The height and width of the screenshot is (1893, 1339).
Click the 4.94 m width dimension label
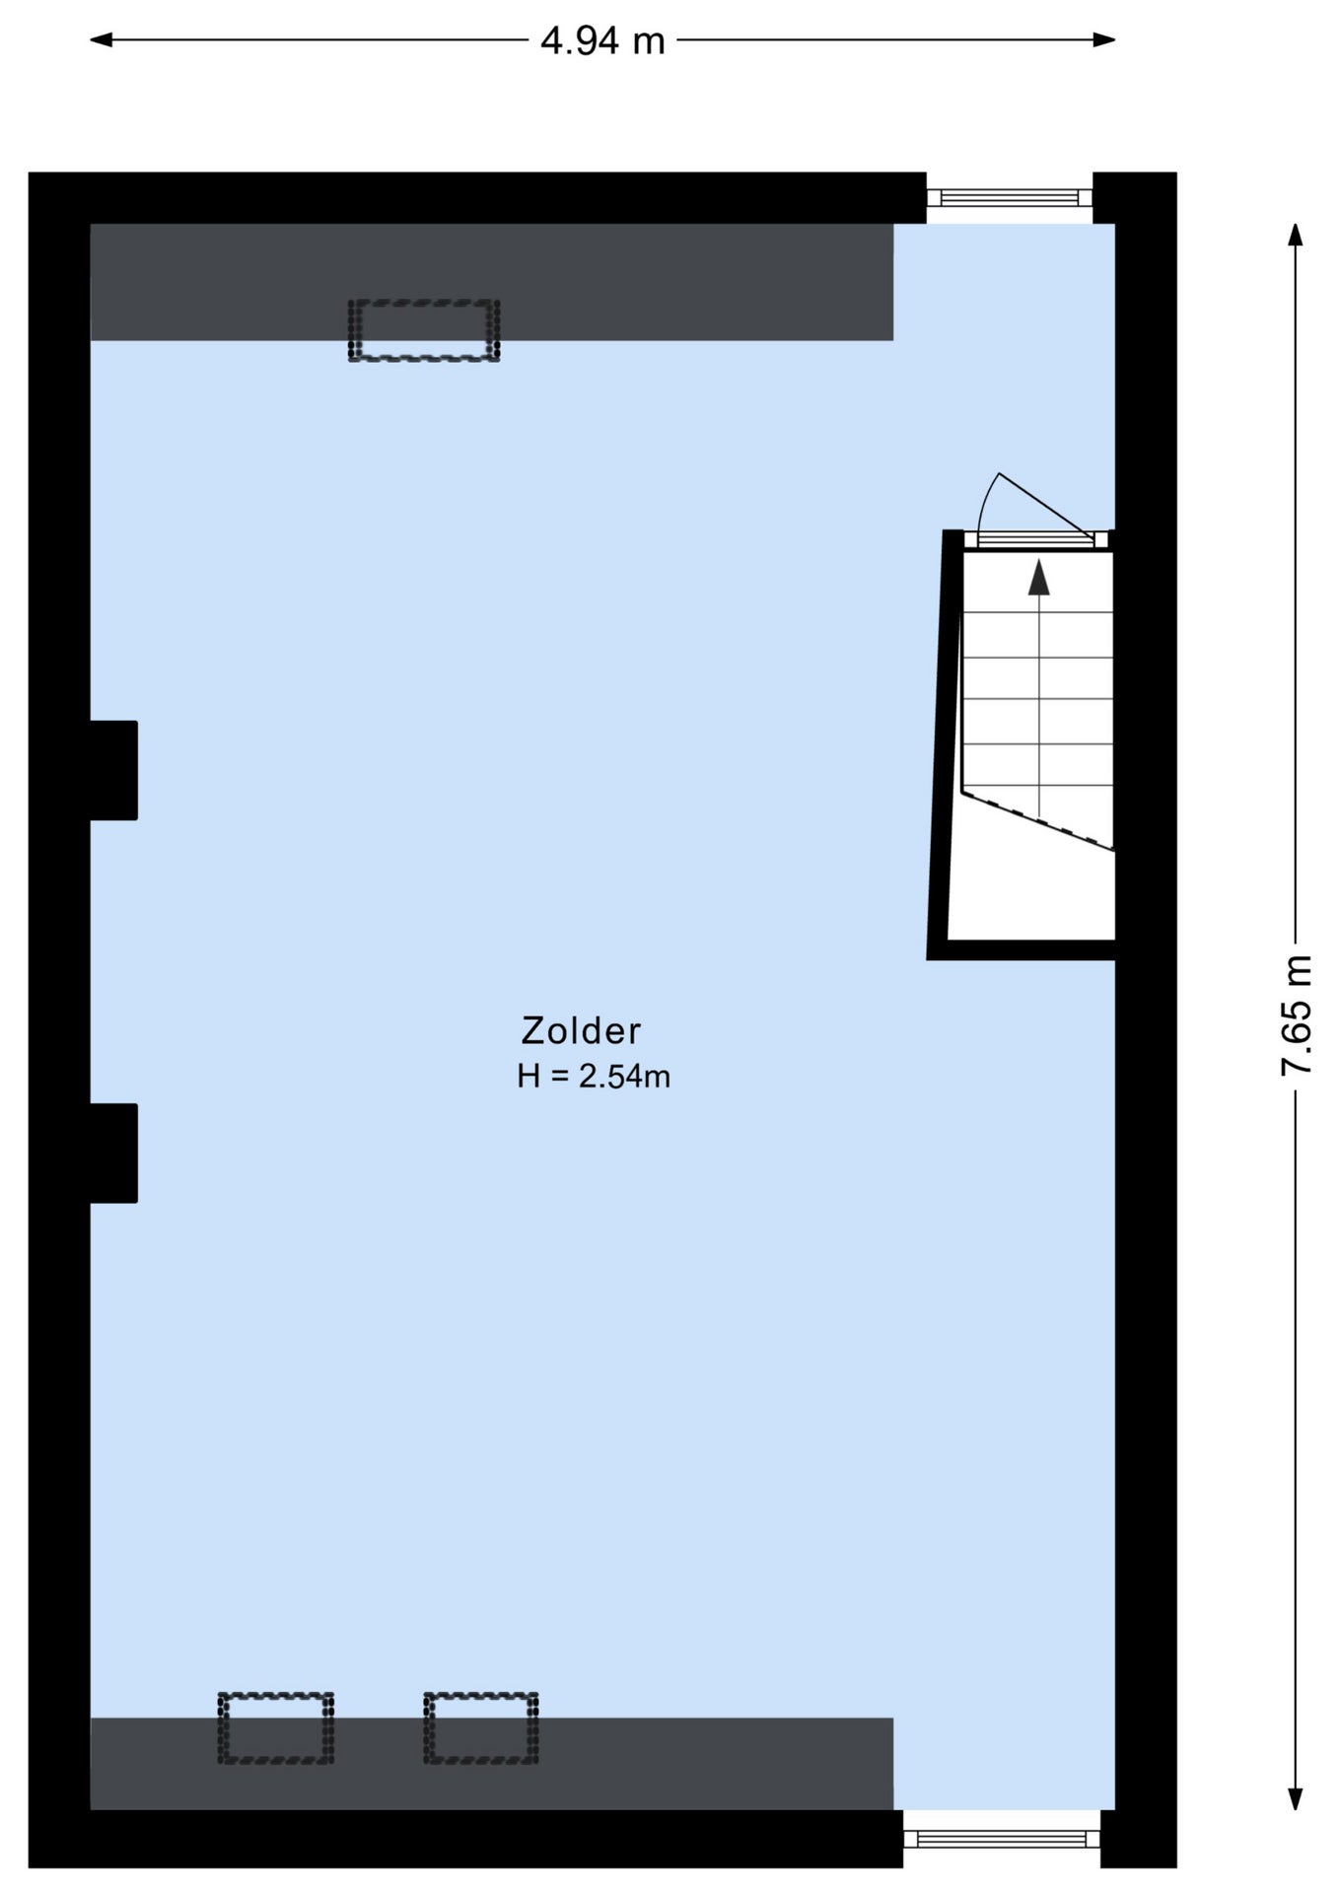point(602,40)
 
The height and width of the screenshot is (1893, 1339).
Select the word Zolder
point(581,1030)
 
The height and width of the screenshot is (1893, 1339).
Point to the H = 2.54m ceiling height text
point(594,1076)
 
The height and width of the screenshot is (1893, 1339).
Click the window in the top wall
point(1010,197)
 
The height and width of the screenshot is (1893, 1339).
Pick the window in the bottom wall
point(1002,1838)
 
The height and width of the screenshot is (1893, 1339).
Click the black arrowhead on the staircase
point(1039,578)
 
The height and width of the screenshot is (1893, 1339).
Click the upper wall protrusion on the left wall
point(113,770)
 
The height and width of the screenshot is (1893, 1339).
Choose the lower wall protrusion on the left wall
point(113,1153)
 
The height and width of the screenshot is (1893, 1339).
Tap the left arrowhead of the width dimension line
point(101,40)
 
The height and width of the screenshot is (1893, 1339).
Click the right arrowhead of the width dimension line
point(1105,40)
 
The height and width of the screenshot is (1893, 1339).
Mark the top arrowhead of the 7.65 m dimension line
point(1296,235)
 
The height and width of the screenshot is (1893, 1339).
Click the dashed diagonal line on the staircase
point(1038,819)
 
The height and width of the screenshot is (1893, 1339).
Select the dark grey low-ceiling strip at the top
point(492,282)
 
